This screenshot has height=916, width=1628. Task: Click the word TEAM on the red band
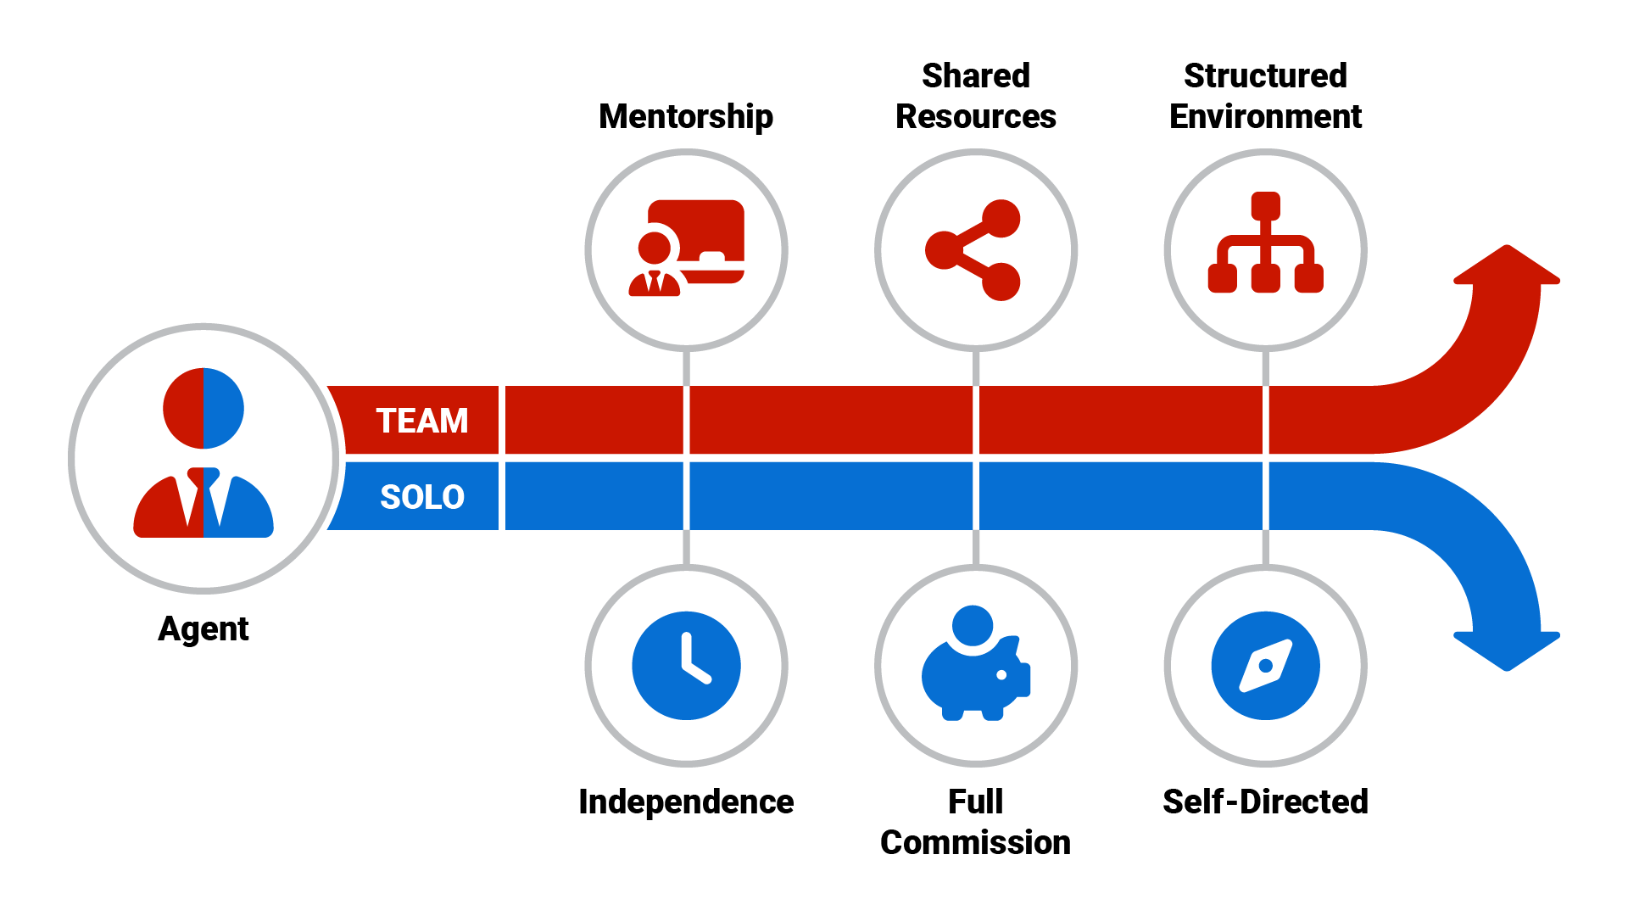coord(421,421)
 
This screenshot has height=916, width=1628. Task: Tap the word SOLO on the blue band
coord(421,497)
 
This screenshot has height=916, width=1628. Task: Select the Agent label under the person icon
coord(203,629)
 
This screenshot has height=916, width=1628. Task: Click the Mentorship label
coord(685,116)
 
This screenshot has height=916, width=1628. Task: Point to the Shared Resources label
coord(975,96)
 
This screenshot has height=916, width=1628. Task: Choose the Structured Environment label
coord(1264,96)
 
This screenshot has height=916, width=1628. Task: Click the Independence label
coord(685,801)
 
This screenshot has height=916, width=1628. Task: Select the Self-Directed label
coord(1264,801)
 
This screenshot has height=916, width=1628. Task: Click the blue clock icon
coord(686,666)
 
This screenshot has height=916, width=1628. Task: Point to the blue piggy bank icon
coord(975,679)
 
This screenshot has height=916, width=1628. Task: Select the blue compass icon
coord(1264,666)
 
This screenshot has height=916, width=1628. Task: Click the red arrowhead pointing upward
coord(1506,267)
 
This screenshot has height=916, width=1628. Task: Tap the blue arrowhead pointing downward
coord(1506,650)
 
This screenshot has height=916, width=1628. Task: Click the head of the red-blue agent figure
coord(203,409)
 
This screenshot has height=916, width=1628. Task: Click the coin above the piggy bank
coord(972,625)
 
